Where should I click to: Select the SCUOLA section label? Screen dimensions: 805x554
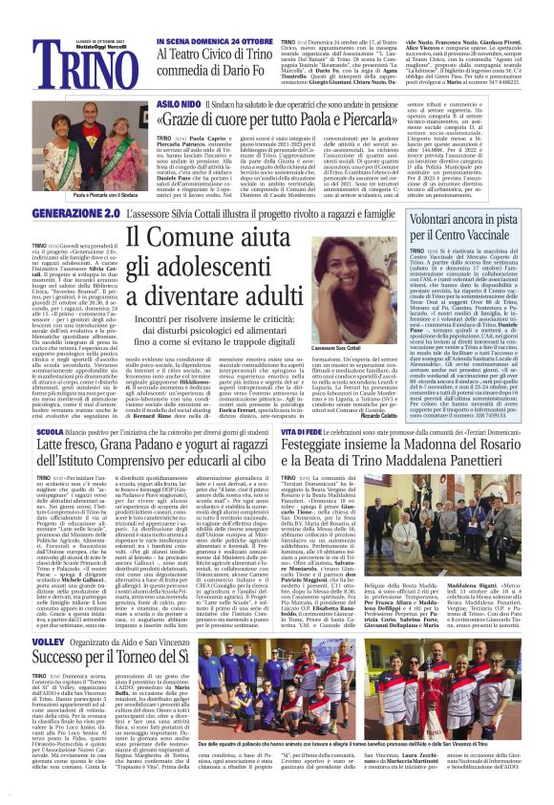(x=50, y=404)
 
